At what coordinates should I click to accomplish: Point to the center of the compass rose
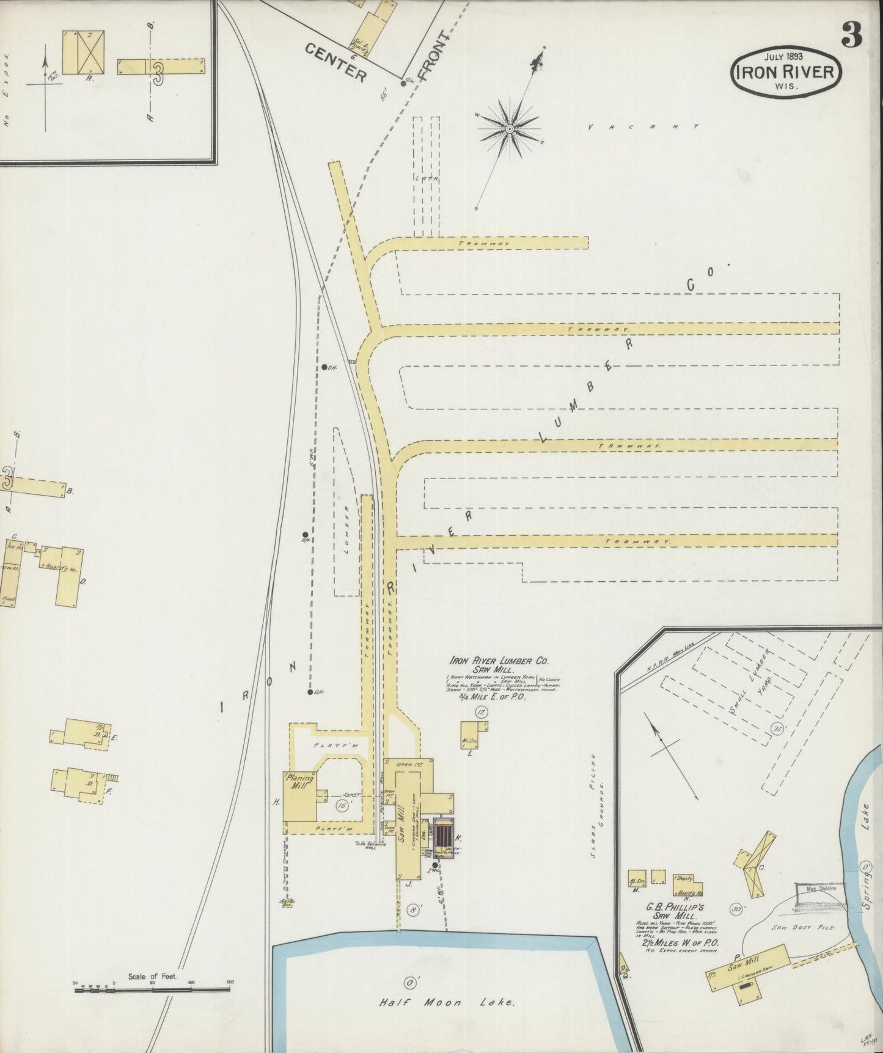click(509, 129)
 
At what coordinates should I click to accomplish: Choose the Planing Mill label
click(300, 783)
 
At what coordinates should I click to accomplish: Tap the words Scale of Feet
click(152, 977)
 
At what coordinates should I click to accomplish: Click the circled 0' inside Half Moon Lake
click(408, 983)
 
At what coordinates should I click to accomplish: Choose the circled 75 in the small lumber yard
click(777, 729)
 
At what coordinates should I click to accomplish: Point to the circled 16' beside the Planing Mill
click(342, 806)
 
